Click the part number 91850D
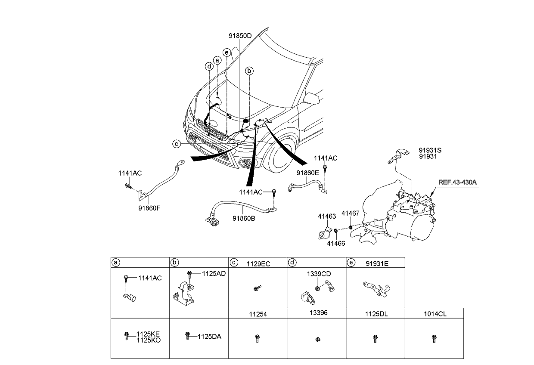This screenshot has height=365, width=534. [x=240, y=36]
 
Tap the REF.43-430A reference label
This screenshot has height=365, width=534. [x=457, y=182]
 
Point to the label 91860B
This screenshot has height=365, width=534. [x=244, y=218]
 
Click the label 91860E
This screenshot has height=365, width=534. [x=307, y=173]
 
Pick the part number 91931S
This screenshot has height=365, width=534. [x=430, y=150]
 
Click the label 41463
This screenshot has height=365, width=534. [x=327, y=217]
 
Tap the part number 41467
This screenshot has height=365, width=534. [x=350, y=213]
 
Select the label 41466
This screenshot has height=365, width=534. [x=336, y=243]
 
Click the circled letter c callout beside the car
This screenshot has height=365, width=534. [x=177, y=144]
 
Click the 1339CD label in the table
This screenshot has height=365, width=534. [x=319, y=274]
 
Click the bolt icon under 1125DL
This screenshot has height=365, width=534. [x=375, y=338]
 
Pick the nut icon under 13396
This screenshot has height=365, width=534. [x=317, y=339]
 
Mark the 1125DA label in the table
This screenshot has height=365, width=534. [x=209, y=337]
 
